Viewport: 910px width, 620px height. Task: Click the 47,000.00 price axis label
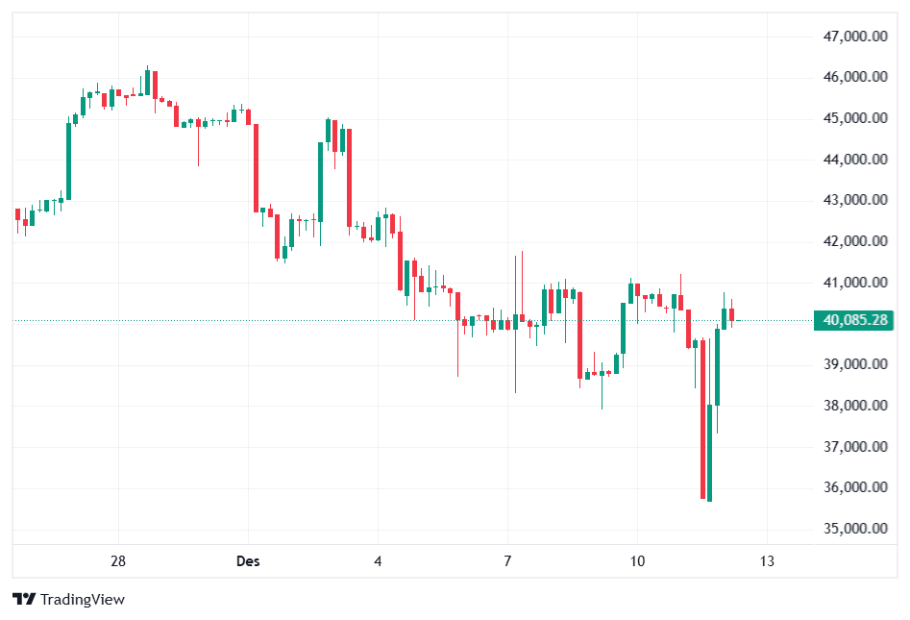[854, 37]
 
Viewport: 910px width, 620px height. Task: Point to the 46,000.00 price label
[854, 77]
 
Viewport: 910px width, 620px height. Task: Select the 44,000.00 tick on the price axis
[854, 160]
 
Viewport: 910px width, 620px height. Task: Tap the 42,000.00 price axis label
[854, 242]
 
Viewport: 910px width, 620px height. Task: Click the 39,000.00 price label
[854, 364]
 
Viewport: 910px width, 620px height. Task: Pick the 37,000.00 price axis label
[854, 447]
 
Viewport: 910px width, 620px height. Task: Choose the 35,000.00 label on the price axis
[854, 529]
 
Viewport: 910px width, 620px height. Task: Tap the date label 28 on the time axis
[119, 560]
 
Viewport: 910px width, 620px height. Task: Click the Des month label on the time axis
[248, 560]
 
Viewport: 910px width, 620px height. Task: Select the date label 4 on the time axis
[379, 560]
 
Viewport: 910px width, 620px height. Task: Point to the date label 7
[507, 560]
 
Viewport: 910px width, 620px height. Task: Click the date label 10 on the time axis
[636, 560]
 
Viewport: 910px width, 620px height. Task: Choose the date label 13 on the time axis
[766, 560]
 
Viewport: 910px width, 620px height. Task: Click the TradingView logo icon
[24, 600]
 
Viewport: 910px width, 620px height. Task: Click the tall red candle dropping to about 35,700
[702, 418]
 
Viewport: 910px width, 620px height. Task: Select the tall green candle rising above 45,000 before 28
[69, 161]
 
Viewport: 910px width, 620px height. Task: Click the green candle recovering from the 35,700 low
[710, 452]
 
